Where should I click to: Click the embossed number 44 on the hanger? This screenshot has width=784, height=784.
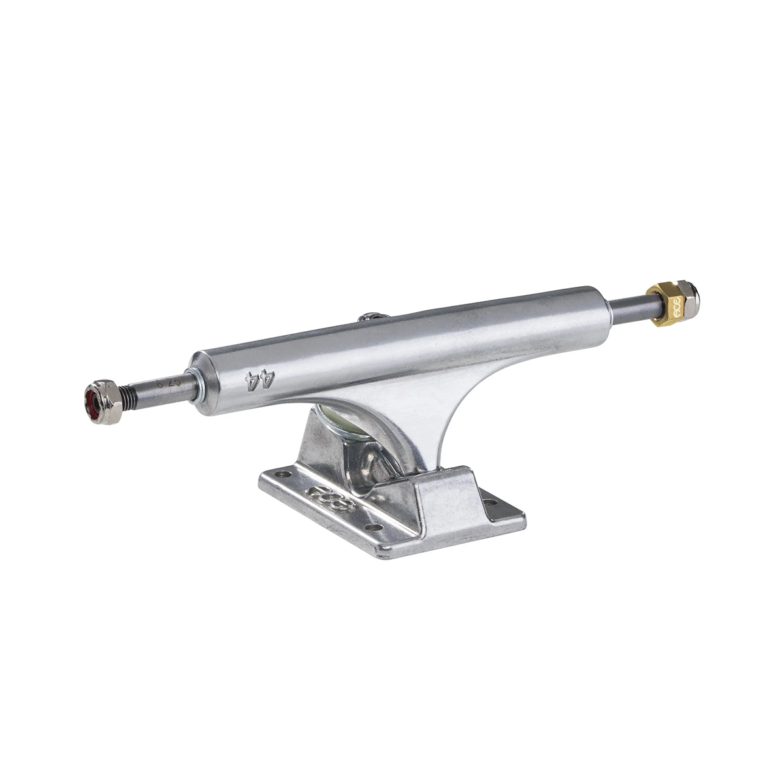pyautogui.click(x=260, y=380)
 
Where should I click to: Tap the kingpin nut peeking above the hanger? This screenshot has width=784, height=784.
pyautogui.click(x=369, y=317)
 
